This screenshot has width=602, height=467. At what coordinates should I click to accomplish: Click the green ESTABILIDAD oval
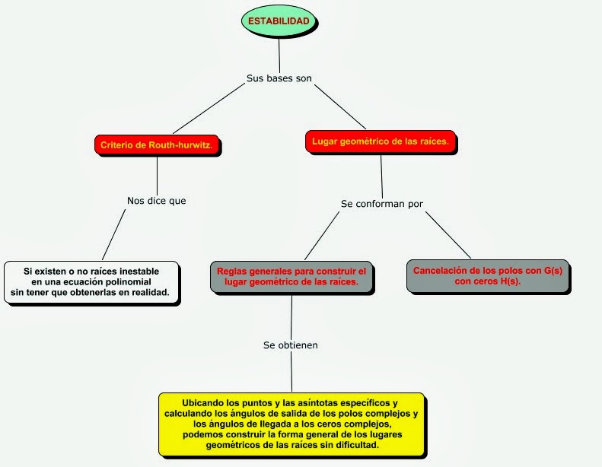tap(279, 22)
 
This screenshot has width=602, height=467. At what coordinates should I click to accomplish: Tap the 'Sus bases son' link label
tap(279, 78)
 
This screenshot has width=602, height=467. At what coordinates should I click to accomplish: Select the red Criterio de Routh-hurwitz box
tap(156, 145)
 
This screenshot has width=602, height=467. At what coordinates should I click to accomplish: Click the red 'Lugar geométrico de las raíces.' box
tap(381, 141)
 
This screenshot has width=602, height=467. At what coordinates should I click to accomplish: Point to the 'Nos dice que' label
tap(156, 201)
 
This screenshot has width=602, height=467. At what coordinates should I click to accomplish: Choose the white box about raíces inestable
tap(91, 282)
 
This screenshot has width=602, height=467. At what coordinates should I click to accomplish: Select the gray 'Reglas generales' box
tap(291, 277)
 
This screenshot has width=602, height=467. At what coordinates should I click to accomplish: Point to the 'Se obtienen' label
tap(291, 345)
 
